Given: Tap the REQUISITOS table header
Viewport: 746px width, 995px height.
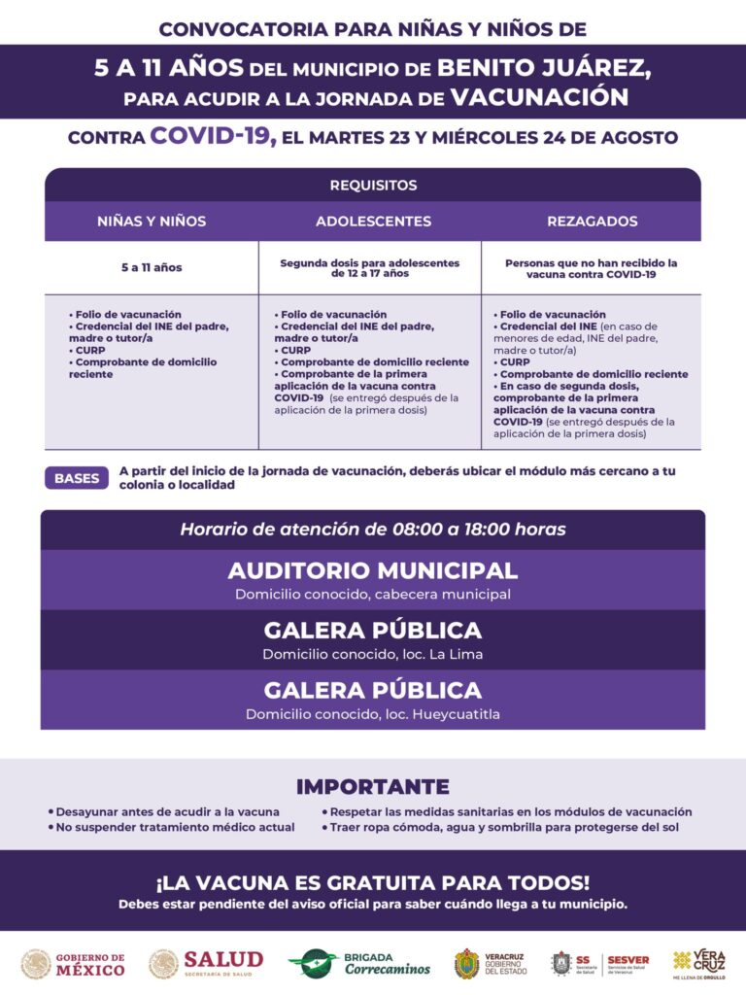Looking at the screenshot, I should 373,185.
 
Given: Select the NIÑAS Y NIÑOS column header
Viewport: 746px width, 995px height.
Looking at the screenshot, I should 152,222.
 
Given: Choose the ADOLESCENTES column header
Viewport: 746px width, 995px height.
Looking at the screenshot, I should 373,222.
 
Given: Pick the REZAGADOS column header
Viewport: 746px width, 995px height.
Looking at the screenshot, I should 593,222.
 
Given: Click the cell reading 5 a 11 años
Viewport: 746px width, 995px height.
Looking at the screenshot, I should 152,267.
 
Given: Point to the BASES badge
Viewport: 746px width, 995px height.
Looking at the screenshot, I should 77,478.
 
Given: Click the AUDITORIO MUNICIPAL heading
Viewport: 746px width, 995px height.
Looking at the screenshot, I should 373,570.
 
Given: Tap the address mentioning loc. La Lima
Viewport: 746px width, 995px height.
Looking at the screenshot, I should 373,654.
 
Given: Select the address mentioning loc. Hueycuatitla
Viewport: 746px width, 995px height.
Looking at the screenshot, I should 373,714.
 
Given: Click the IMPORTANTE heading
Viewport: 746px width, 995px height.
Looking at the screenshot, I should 373,787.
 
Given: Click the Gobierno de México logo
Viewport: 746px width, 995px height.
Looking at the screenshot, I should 75,964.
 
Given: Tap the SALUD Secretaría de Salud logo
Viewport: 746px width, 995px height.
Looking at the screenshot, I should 206,964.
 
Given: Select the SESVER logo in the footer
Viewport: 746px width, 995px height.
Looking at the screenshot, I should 627,964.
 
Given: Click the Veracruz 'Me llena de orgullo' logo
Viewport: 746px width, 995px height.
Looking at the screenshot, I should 698,963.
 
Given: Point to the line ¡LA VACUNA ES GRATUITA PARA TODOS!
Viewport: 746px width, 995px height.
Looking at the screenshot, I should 373,883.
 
